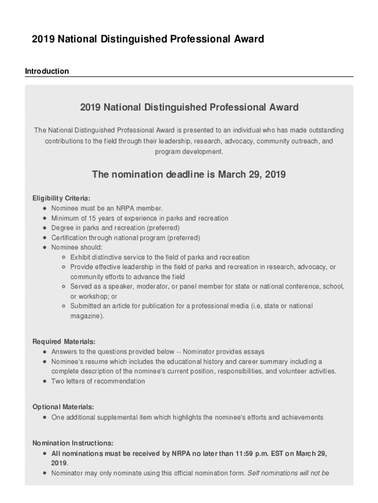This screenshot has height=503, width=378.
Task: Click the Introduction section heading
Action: click(x=47, y=71)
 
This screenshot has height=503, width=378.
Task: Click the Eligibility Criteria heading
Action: click(x=61, y=198)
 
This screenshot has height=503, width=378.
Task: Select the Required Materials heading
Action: click(x=64, y=341)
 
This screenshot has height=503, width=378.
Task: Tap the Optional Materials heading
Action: click(x=63, y=407)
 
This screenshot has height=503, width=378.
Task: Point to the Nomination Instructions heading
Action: click(x=73, y=443)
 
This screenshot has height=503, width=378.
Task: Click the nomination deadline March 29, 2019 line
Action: click(x=189, y=174)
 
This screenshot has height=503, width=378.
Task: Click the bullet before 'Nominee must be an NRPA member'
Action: click(x=45, y=208)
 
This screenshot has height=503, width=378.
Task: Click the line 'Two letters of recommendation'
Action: click(x=98, y=381)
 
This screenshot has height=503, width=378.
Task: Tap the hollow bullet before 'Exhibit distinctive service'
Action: click(x=64, y=257)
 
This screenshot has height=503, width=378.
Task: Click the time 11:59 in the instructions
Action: click(x=243, y=453)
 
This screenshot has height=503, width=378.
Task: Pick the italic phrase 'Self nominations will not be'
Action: click(x=288, y=474)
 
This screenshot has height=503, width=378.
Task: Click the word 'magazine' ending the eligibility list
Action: click(x=86, y=316)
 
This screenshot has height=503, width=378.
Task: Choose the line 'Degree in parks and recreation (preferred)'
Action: click(x=115, y=228)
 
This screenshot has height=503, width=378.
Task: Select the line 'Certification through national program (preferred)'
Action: click(x=126, y=238)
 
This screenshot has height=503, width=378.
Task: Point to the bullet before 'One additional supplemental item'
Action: click(x=45, y=418)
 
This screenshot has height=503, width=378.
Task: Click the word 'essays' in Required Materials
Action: click(x=254, y=352)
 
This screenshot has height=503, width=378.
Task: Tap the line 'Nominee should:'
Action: click(x=77, y=248)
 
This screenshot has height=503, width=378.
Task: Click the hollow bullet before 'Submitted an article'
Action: click(x=64, y=306)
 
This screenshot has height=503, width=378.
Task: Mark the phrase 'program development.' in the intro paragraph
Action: click(x=189, y=152)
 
